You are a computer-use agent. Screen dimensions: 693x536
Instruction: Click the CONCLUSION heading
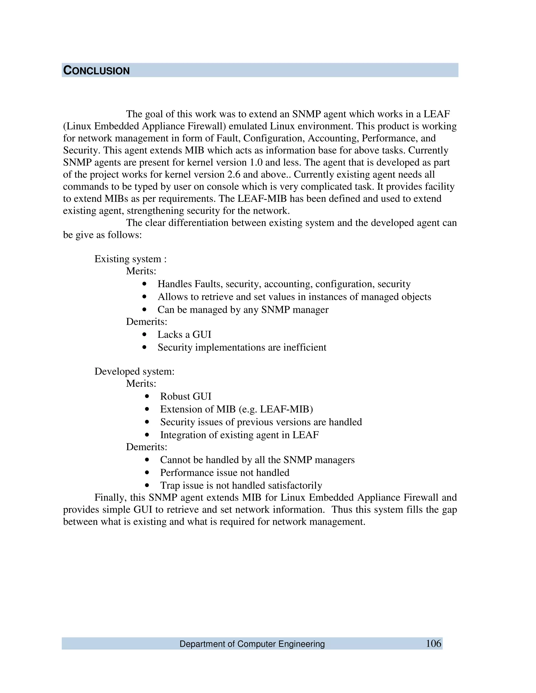[x=97, y=70]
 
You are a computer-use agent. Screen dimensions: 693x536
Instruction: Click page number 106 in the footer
[x=433, y=643]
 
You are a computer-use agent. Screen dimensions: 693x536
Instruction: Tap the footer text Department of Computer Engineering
[x=252, y=644]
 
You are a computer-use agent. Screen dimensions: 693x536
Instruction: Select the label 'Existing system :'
[x=131, y=259]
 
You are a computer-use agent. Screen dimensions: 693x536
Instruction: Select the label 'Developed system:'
[x=134, y=371]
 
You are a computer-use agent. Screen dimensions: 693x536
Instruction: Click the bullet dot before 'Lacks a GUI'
[x=145, y=334]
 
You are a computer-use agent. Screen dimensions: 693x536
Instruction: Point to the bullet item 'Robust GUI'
[x=186, y=396]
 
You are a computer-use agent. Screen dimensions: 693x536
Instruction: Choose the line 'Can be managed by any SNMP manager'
[x=243, y=309]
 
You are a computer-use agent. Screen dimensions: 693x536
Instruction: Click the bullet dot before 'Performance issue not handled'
[x=147, y=473]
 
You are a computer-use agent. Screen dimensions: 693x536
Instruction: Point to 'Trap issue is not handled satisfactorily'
[x=241, y=485]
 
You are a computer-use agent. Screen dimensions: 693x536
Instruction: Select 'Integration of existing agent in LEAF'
[x=239, y=435]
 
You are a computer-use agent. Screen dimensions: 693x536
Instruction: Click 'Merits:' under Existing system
[x=141, y=271]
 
